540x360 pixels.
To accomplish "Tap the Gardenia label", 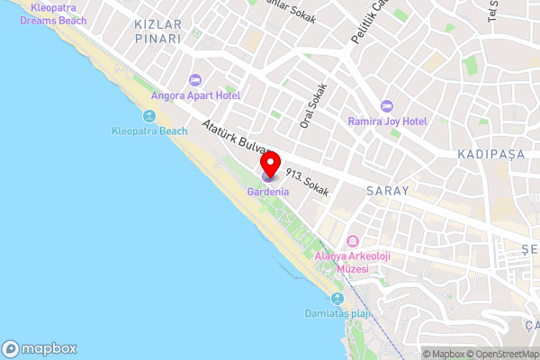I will [268, 193].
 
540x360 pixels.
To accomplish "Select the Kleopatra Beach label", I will [149, 131].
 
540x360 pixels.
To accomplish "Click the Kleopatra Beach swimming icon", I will [149, 116].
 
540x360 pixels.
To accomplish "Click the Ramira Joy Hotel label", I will [387, 121].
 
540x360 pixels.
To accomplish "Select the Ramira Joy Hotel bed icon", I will [387, 105].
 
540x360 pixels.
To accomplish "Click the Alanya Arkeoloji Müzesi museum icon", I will [351, 241].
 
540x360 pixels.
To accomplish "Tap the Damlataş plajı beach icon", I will [337, 299].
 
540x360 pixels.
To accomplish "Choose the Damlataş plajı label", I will [337, 314].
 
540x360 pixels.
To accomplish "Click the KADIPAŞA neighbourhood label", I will [490, 155].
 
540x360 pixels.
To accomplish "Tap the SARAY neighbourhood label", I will [388, 191].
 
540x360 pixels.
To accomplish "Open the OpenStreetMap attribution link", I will [502, 354].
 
